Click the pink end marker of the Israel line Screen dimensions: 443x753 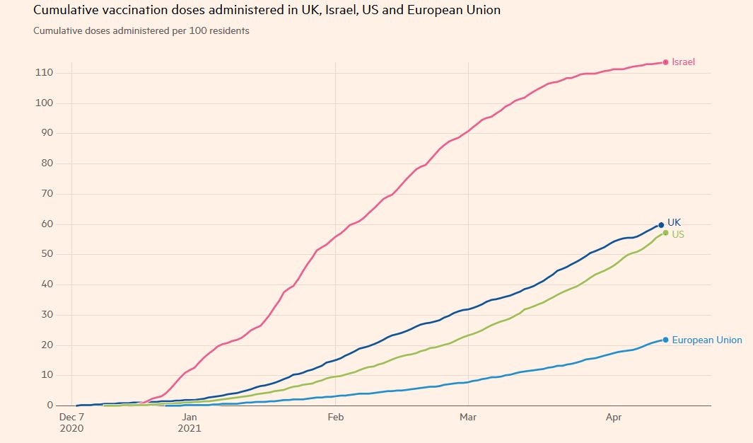point(665,62)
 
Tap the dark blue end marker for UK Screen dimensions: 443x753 point(661,225)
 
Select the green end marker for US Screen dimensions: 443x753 point(665,233)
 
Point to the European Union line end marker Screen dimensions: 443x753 point(665,340)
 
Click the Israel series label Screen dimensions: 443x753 point(683,62)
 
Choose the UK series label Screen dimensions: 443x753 point(674,222)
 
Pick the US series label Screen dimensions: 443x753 point(677,234)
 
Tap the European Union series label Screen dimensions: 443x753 point(707,340)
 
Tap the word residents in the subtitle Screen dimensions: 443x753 point(228,31)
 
